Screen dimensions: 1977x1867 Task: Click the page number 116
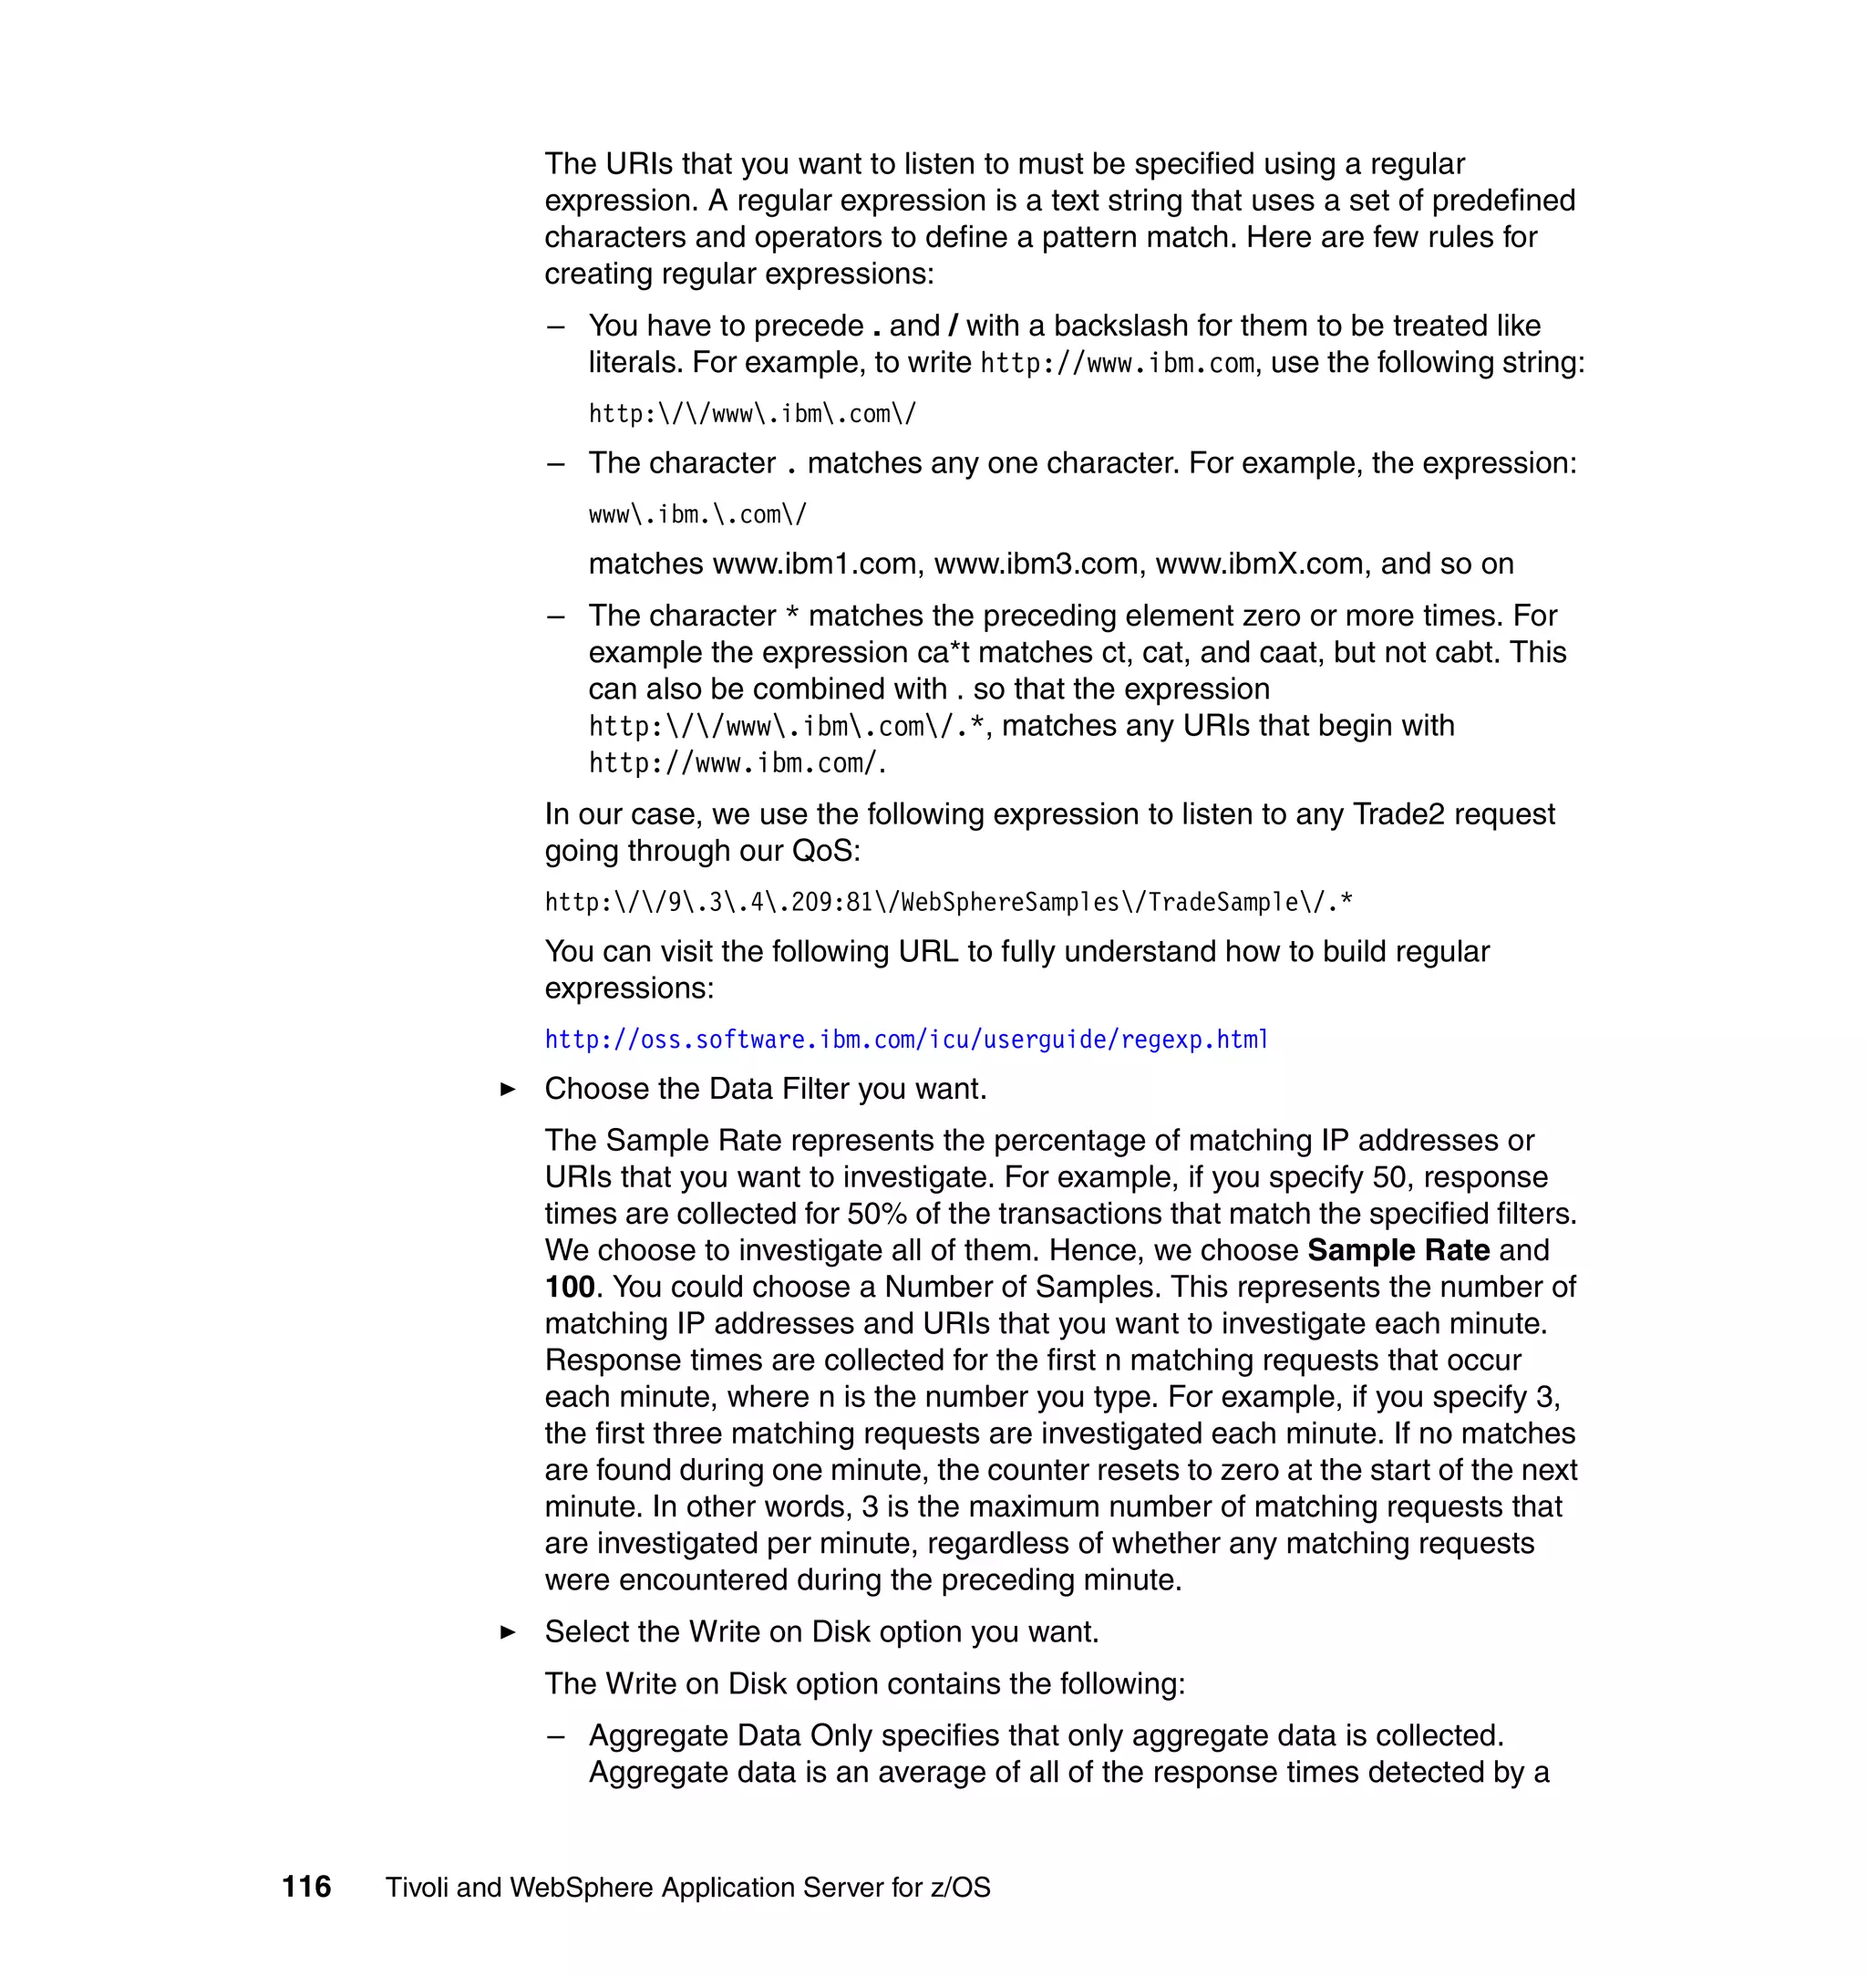tap(306, 1887)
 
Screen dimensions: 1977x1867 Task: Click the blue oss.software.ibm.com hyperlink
tap(905, 1040)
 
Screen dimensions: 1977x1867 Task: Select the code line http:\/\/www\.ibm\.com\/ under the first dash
tap(751, 414)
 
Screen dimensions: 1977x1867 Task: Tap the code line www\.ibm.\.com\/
tap(696, 514)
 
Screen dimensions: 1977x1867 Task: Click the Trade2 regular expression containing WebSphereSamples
tap(947, 902)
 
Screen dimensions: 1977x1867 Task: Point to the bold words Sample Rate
tap(1398, 1250)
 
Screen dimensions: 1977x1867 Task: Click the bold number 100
tap(569, 1287)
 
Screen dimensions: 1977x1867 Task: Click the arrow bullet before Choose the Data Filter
tap(508, 1089)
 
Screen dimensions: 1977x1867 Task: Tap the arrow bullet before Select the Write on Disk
tap(508, 1632)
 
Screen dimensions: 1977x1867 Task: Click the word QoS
tap(825, 851)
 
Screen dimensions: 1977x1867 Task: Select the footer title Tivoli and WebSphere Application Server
tap(687, 1888)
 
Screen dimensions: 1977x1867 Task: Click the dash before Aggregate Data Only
tap(556, 1736)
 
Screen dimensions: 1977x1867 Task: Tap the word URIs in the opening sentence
tap(639, 164)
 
